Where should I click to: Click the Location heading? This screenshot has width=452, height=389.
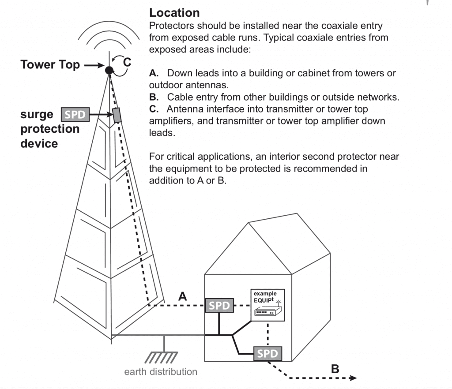point(174,13)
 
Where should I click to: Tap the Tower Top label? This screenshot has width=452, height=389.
point(50,65)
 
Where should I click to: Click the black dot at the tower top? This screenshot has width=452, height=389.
point(109,69)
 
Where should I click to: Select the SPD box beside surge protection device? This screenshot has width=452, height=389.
point(74,115)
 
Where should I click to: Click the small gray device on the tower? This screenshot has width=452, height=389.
point(117,115)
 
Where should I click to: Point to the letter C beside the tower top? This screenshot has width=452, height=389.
point(127,63)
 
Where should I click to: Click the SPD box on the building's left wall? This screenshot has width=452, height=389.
point(219,305)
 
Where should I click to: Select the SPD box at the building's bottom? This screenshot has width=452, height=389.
point(267,353)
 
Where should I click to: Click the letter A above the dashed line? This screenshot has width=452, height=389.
point(182,297)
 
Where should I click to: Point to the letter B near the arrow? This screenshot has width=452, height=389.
point(335,369)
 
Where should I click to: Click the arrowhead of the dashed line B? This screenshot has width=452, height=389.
point(353,378)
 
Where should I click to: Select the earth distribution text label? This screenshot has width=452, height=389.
point(161,372)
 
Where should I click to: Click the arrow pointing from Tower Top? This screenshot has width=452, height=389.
point(93,65)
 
